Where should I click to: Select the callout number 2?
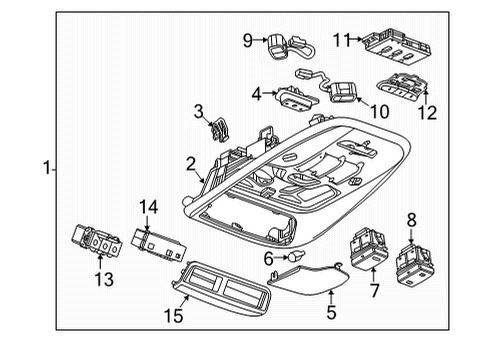(190, 163)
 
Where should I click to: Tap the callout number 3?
(199, 111)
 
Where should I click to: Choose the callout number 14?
(149, 207)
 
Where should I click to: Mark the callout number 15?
(175, 318)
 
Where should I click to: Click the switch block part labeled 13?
(103, 243)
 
